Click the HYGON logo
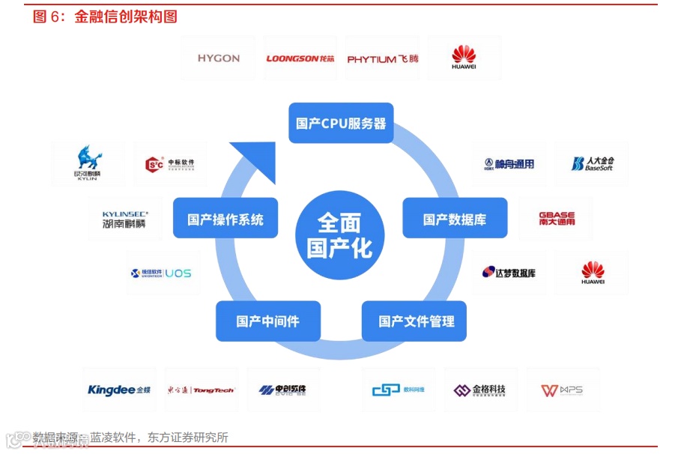(219, 58)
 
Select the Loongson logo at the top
(300, 58)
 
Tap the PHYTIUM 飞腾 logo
(383, 58)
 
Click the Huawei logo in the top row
(464, 58)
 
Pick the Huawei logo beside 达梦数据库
(593, 273)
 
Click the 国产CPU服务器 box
(341, 123)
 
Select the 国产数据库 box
(455, 219)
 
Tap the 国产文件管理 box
(417, 321)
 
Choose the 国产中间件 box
(267, 321)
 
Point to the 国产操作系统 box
(226, 219)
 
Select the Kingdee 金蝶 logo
(119, 390)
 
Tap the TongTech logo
(201, 390)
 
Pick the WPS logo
(562, 390)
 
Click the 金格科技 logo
(479, 390)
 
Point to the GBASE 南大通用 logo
(557, 219)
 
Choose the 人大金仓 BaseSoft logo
(592, 164)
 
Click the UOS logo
(161, 273)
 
